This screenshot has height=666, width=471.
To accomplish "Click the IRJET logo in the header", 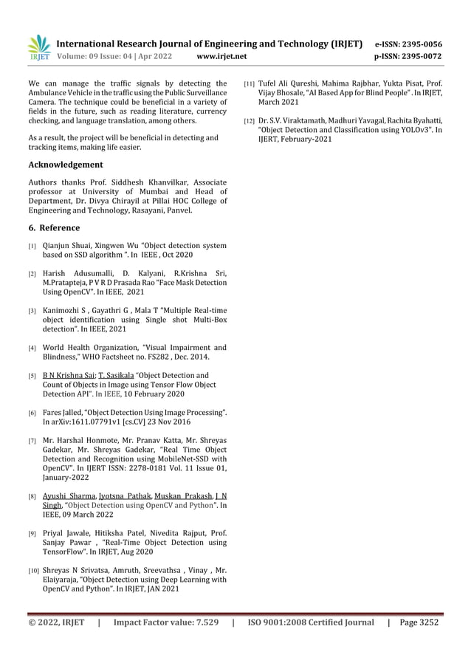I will [x=38, y=47].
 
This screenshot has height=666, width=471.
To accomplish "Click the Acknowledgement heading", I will [x=65, y=165].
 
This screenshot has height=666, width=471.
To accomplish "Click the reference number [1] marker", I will [x=32, y=245].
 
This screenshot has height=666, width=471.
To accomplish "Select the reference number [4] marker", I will [x=32, y=348].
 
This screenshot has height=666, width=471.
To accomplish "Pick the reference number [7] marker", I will [x=32, y=441].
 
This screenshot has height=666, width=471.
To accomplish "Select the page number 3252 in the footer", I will [x=426, y=622].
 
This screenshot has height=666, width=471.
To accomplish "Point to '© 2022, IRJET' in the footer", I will [x=57, y=622].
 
